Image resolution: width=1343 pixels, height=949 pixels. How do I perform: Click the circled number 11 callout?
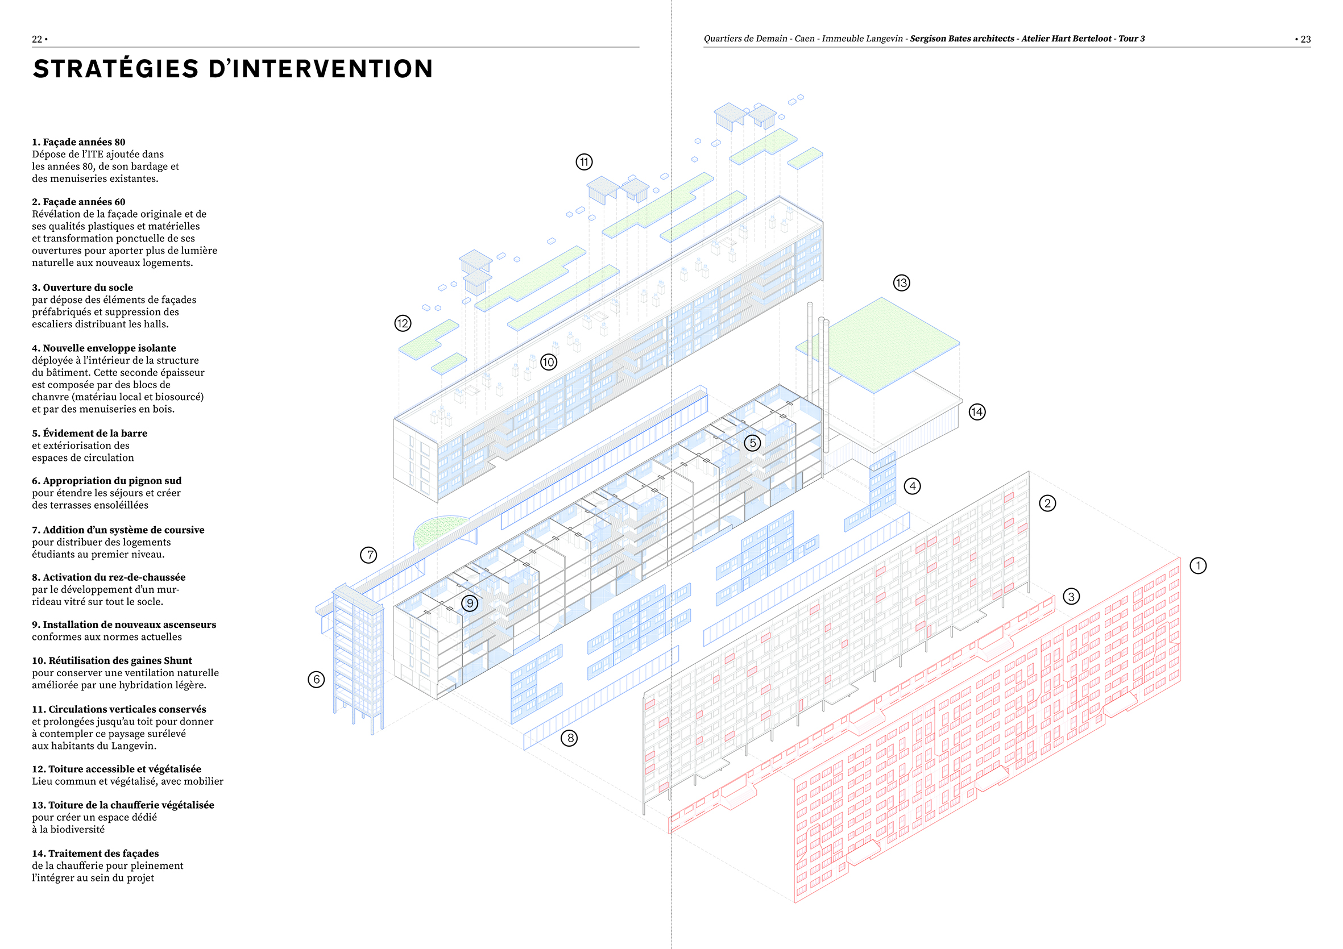(584, 162)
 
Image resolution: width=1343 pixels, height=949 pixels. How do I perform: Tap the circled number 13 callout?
(901, 283)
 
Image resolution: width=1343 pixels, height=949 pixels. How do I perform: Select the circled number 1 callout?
(1198, 565)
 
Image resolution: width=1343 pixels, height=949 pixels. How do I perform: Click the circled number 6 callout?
(317, 679)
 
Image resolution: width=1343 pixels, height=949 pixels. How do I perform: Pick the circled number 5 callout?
(753, 443)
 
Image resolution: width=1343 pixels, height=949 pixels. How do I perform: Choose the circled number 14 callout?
(977, 411)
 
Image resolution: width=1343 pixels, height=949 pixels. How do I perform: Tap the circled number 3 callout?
(1071, 597)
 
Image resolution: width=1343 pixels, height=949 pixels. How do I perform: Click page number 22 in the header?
(37, 39)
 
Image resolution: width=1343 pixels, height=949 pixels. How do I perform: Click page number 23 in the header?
(1305, 39)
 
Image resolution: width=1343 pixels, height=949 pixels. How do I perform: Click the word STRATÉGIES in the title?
(116, 69)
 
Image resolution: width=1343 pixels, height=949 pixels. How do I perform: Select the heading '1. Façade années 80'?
(78, 142)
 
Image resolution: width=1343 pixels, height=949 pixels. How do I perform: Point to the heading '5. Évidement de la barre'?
(89, 433)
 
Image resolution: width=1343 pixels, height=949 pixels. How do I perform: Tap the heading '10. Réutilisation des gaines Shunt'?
(111, 660)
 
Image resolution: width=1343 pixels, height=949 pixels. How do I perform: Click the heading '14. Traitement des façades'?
(96, 853)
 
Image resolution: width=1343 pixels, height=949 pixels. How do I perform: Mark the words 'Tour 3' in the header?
(1131, 39)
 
